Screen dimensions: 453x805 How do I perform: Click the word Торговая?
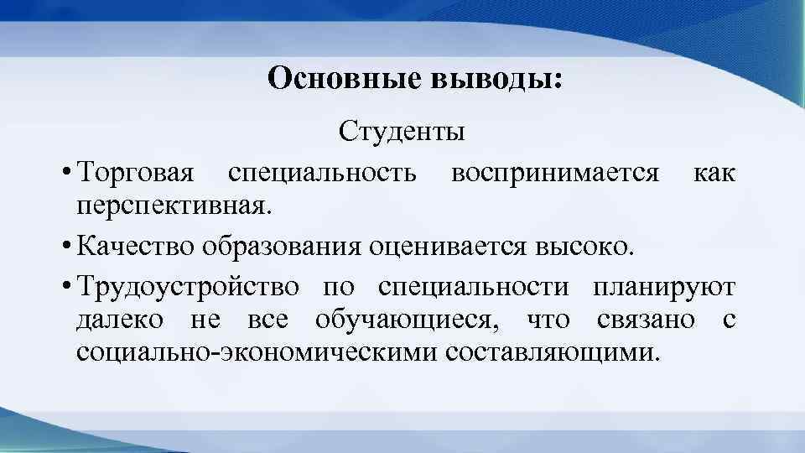tap(134, 174)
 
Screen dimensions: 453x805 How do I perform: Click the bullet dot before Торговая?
tap(65, 174)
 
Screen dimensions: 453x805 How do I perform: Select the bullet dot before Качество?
tap(65, 247)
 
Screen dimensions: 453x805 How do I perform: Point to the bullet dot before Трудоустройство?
tap(65, 289)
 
